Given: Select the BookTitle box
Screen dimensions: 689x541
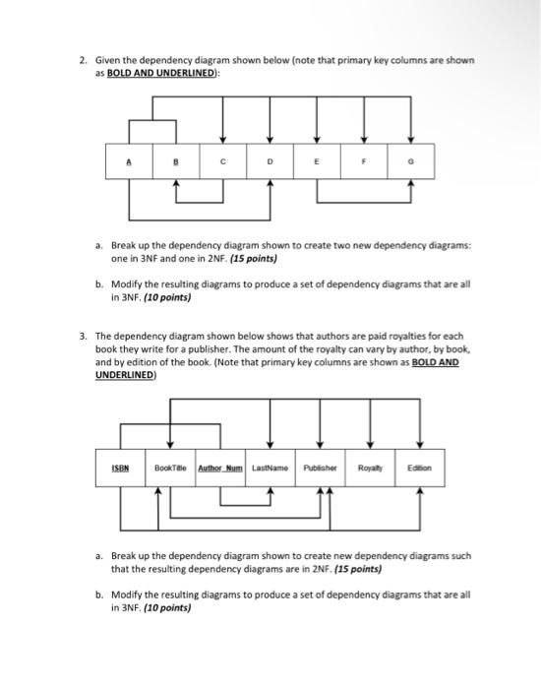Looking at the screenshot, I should tap(171, 469).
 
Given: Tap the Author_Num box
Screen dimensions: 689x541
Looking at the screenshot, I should tap(221, 469).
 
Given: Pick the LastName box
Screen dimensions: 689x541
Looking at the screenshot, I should tap(270, 469).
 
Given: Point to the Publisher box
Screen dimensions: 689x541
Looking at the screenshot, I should tap(321, 469).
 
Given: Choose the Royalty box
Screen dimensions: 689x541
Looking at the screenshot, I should tap(371, 469).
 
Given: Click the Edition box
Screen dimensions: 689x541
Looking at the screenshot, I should tap(420, 469).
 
